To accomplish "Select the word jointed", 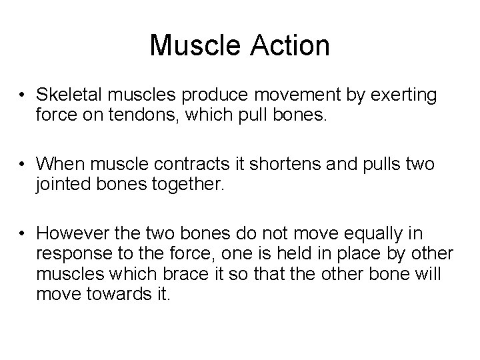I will coord(60,183).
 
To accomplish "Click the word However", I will coord(68,233).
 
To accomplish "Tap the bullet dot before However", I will coord(24,233).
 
